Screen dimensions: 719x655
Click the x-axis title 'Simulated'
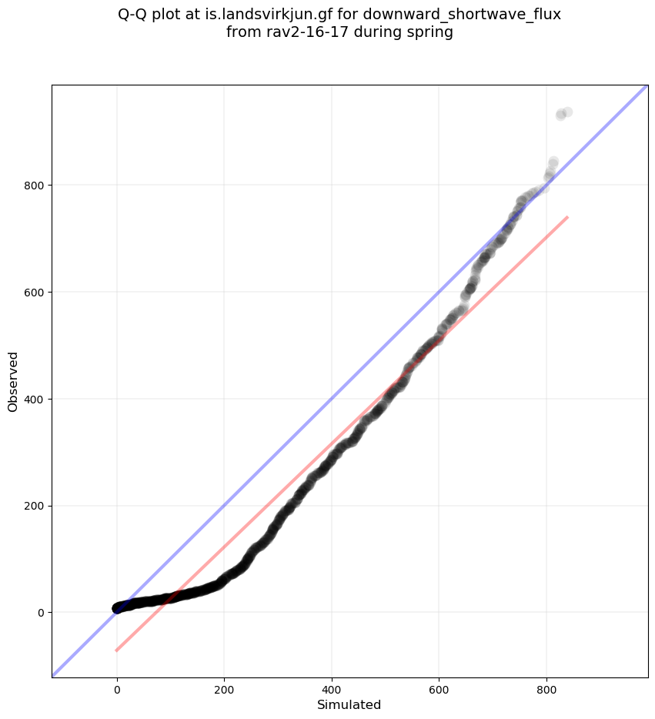coord(349,704)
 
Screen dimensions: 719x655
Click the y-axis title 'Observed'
coord(13,381)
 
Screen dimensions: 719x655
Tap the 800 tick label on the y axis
coord(34,186)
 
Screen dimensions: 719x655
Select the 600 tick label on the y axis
coord(34,293)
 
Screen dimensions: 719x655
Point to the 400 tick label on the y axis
coord(34,399)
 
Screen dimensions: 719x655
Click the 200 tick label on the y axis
coord(34,506)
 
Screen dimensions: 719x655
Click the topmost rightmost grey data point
coord(567,112)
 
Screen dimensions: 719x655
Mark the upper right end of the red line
coord(567,217)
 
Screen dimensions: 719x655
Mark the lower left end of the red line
coord(117,650)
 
